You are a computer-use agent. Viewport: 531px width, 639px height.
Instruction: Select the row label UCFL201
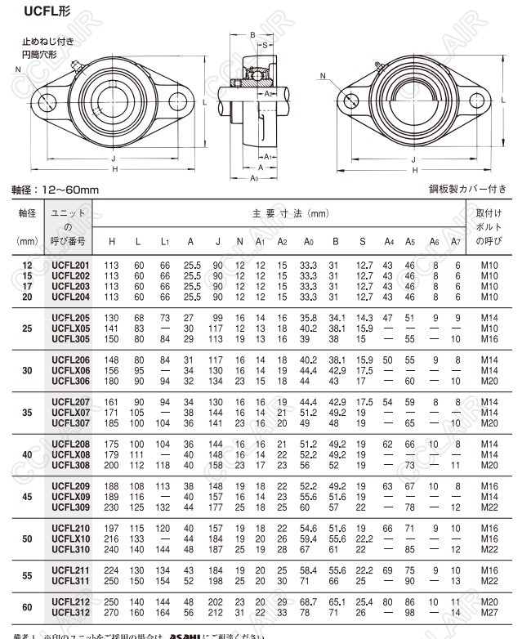(x=70, y=266)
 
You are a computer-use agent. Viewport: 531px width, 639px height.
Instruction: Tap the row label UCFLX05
(x=70, y=328)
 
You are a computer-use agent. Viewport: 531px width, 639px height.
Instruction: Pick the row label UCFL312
(x=70, y=612)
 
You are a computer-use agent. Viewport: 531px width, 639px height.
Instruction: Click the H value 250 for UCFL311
(x=111, y=580)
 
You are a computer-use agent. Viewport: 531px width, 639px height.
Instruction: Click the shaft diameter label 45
(x=27, y=496)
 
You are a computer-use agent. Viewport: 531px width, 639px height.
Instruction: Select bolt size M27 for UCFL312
(x=489, y=612)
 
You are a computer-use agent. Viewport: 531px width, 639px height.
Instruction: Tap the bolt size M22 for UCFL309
(x=489, y=507)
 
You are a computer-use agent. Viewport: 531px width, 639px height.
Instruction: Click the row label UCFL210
(x=70, y=529)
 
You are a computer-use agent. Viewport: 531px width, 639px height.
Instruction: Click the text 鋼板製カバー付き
(x=468, y=189)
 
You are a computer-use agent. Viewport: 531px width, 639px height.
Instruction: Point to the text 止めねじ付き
(x=47, y=42)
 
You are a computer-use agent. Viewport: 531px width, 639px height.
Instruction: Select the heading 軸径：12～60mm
(x=54, y=190)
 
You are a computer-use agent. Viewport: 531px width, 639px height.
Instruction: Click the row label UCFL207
(x=70, y=402)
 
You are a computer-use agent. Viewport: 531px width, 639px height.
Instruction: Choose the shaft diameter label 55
(x=27, y=575)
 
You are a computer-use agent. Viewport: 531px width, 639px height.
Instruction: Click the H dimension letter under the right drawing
(x=416, y=170)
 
